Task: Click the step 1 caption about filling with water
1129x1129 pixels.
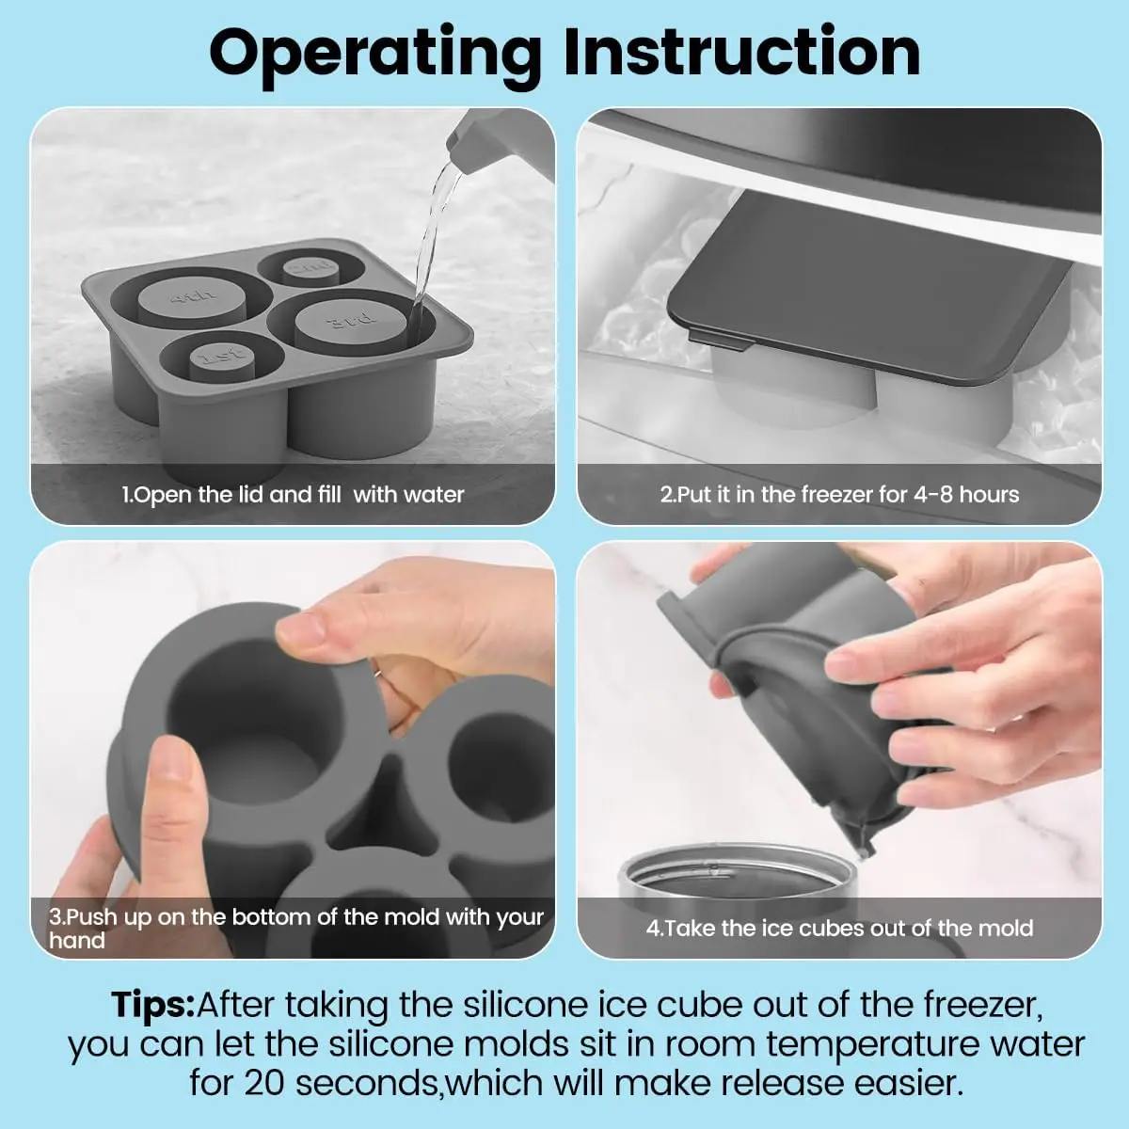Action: [293, 494]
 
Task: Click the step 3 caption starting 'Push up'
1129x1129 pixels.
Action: [296, 917]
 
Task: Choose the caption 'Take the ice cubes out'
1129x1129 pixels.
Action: [838, 928]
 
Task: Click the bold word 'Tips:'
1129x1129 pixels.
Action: [152, 1005]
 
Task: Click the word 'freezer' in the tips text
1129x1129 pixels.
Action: [982, 1005]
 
